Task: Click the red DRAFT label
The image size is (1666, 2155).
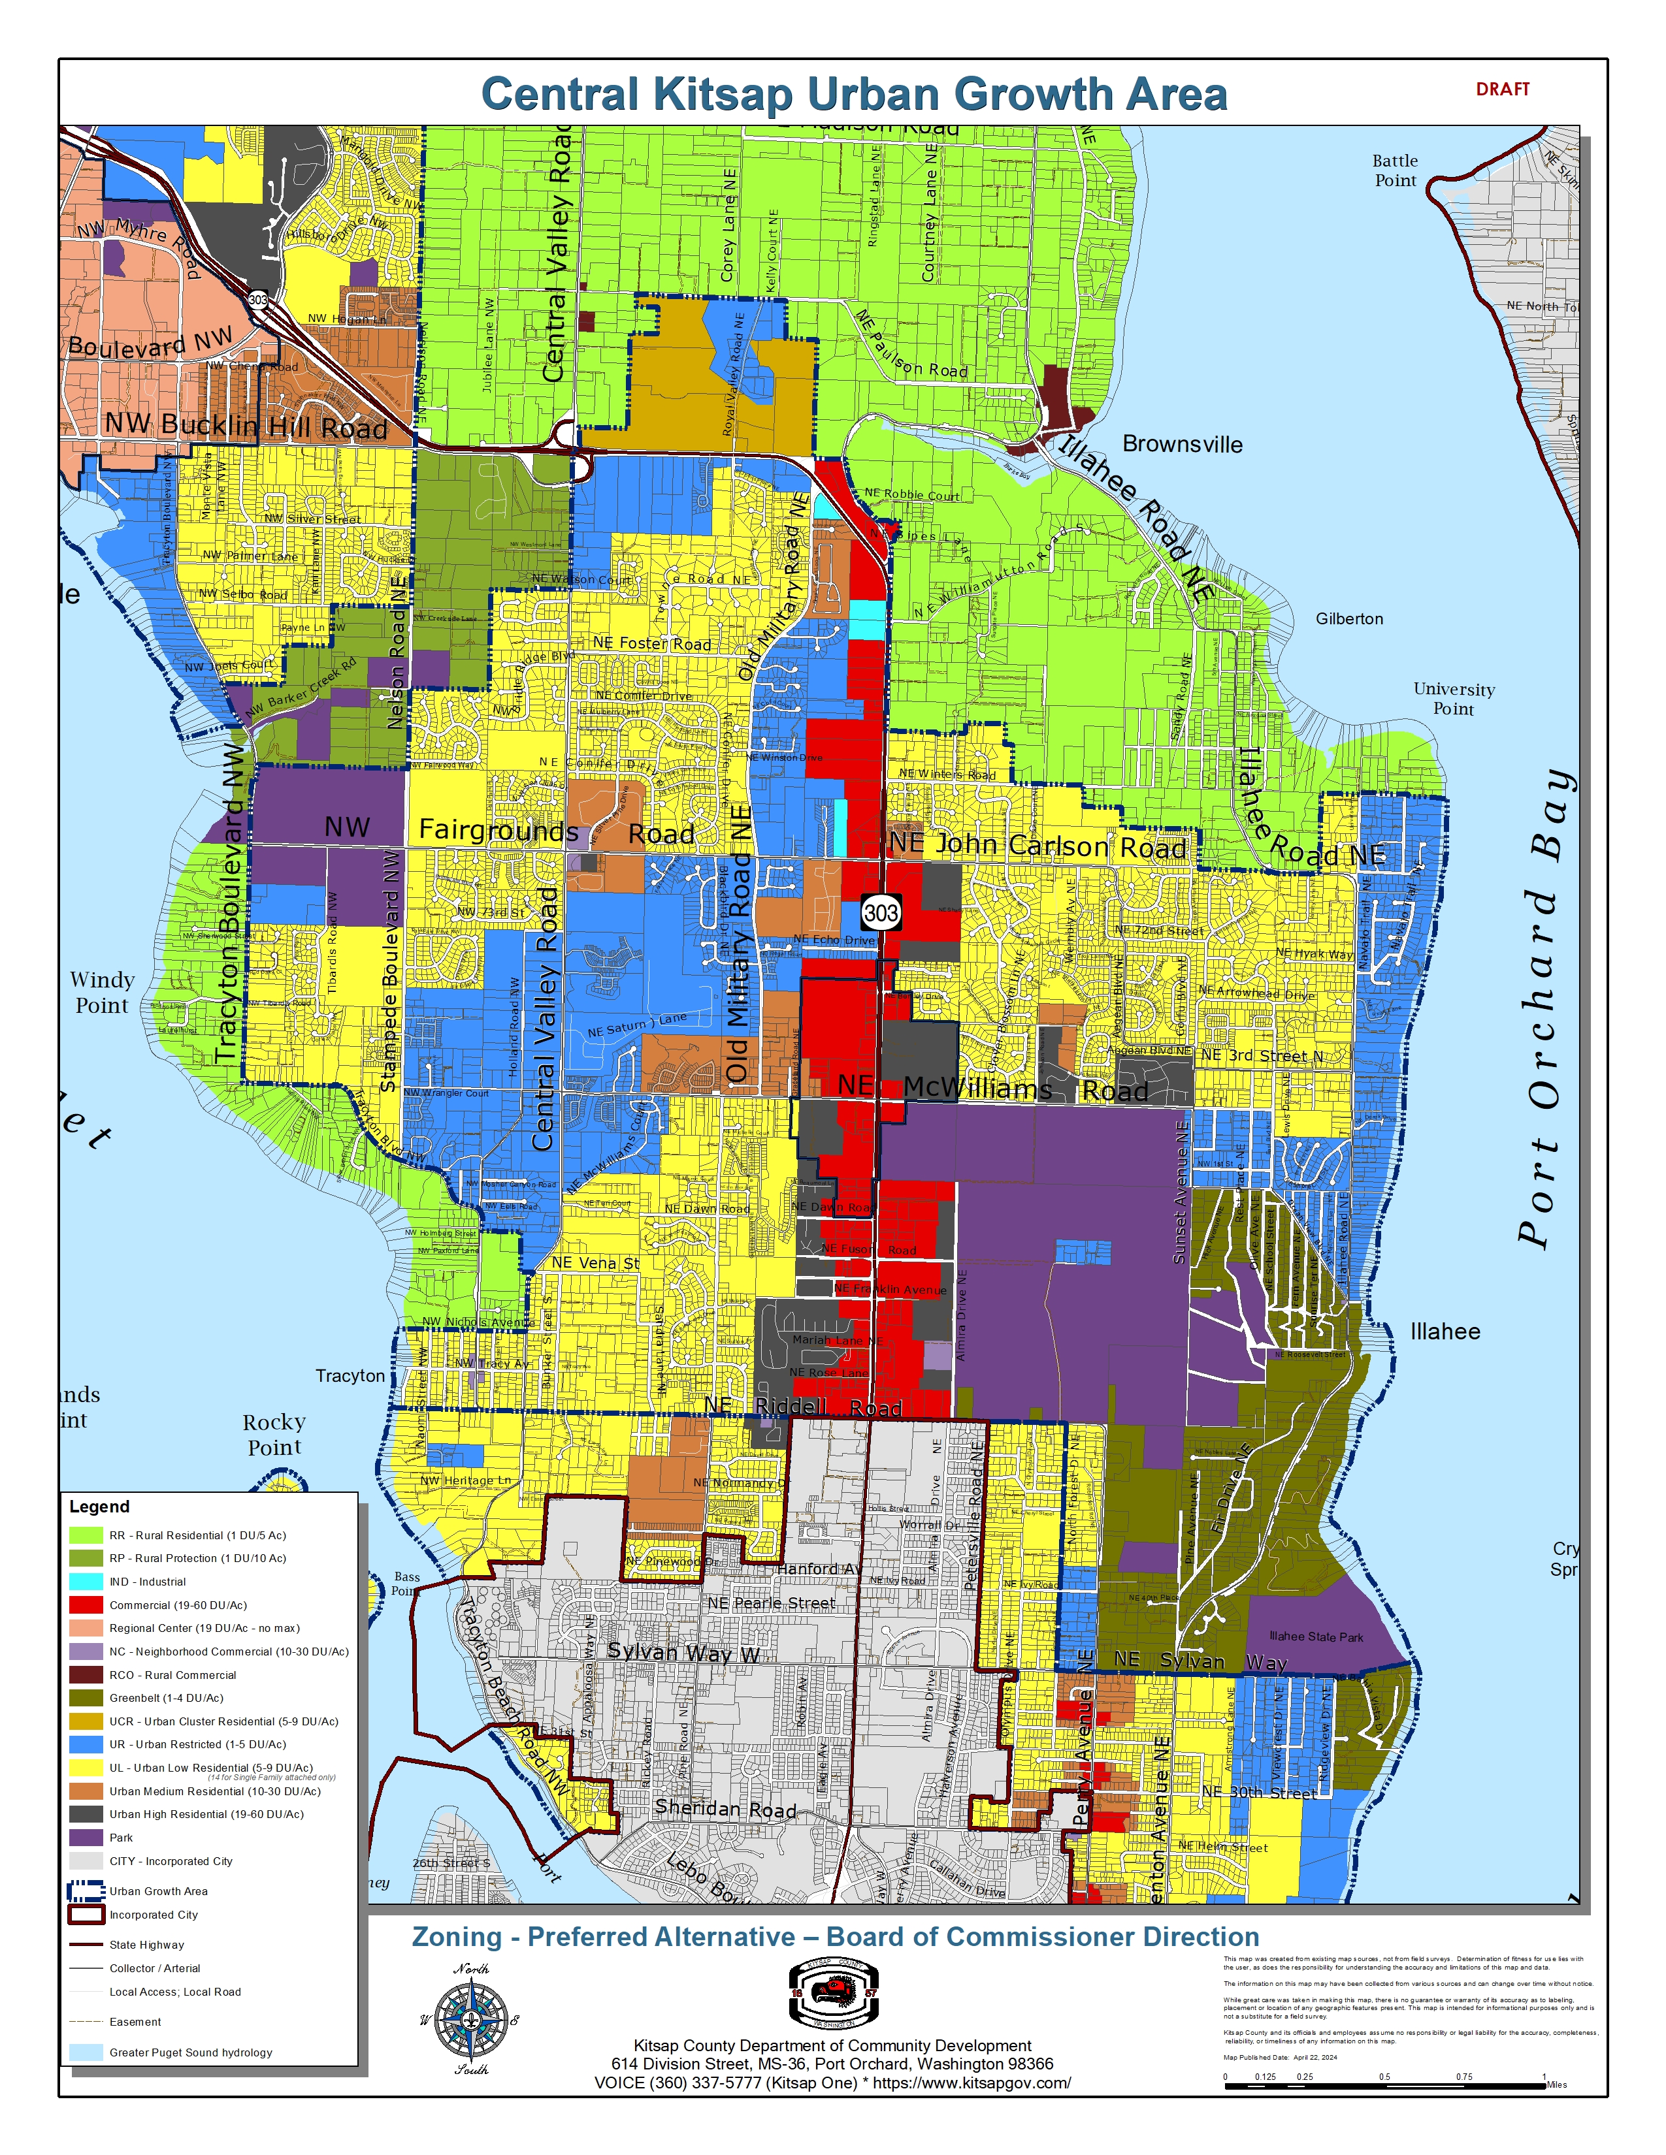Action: [1502, 89]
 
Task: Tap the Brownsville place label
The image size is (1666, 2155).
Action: [1183, 444]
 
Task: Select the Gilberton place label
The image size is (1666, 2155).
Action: [1349, 618]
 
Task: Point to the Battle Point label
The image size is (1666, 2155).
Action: [1395, 170]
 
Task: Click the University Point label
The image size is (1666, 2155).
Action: [1453, 699]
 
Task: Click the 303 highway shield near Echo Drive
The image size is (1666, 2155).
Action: [881, 913]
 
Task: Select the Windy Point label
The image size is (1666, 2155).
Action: [102, 992]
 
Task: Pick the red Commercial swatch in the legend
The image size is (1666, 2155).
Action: [86, 1605]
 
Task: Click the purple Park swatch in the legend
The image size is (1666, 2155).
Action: [86, 1837]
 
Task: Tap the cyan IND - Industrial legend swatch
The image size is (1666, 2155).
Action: [86, 1582]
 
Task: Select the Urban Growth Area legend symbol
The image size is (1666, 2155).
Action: [86, 1891]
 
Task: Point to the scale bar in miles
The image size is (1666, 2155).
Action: [1384, 2076]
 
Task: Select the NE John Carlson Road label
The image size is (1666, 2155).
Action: [1037, 846]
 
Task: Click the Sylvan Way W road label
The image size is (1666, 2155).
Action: [683, 1653]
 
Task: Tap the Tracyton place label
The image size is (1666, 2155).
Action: [350, 1375]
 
